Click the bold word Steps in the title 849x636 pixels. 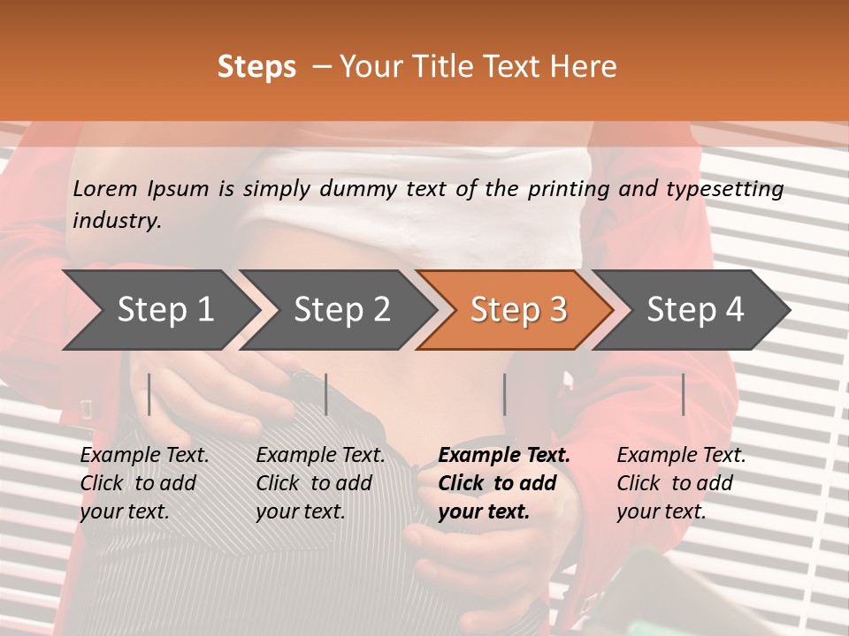[256, 67]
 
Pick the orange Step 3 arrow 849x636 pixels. [518, 310]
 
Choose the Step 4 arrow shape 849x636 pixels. [695, 310]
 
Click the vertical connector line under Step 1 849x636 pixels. [149, 394]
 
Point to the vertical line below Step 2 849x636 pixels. [326, 394]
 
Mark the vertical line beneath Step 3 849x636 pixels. [505, 394]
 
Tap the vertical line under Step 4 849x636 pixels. [684, 394]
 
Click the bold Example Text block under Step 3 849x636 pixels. [504, 483]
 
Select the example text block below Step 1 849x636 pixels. [144, 483]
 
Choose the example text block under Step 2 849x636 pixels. [320, 483]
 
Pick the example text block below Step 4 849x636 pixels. [681, 483]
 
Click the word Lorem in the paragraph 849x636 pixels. [105, 188]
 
